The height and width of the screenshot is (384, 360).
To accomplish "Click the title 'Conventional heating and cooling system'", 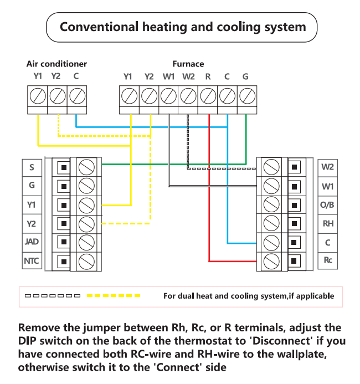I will pyautogui.click(x=182, y=27).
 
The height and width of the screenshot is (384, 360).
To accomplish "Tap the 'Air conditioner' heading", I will pyautogui.click(x=56, y=64).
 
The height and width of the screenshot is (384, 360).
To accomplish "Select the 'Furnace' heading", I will pyautogui.click(x=188, y=64).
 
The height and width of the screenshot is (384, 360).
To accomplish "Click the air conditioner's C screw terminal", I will pyautogui.click(x=76, y=96).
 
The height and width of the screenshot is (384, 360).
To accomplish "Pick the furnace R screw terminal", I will pyautogui.click(x=208, y=96).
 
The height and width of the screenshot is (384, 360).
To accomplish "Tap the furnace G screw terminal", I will pyautogui.click(x=246, y=96).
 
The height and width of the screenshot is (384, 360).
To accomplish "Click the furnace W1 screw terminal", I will pyautogui.click(x=169, y=96).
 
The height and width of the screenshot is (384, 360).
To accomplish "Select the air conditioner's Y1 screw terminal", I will pyautogui.click(x=38, y=96).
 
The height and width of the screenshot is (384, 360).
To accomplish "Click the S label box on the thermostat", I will pyautogui.click(x=31, y=166).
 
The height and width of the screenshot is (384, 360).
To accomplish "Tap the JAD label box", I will pyautogui.click(x=31, y=242).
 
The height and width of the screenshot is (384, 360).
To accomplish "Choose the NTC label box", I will pyautogui.click(x=31, y=260).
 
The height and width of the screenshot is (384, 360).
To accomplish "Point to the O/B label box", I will pyautogui.click(x=328, y=204).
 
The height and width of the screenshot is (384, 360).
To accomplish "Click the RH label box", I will pyautogui.click(x=328, y=223).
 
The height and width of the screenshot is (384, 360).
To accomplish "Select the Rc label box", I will pyautogui.click(x=328, y=260).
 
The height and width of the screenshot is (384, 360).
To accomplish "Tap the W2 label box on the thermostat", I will pyautogui.click(x=328, y=166).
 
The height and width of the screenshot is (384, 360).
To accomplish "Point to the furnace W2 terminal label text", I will pyautogui.click(x=188, y=76).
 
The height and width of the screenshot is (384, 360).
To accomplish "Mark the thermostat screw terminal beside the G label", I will pyautogui.click(x=87, y=185).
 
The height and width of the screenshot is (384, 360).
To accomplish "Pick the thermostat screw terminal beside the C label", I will pyautogui.click(x=271, y=242).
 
